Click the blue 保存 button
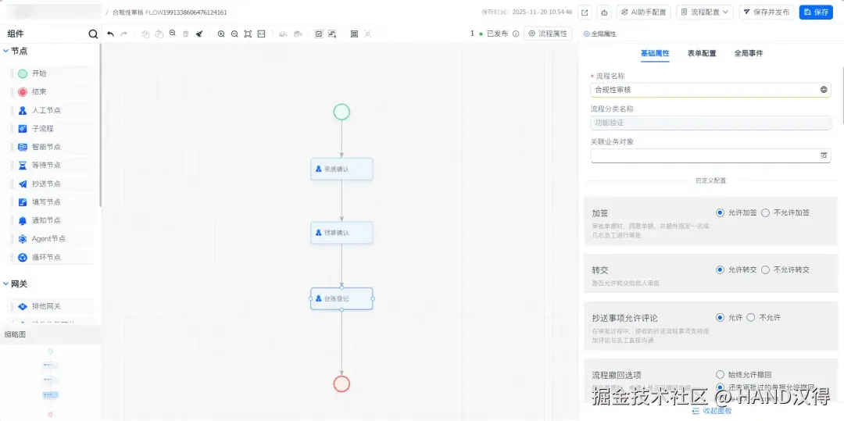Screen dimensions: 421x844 (x=816, y=12)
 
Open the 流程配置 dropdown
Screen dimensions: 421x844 (x=704, y=12)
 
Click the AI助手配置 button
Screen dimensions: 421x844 (x=644, y=12)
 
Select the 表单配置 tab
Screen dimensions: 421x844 (x=701, y=53)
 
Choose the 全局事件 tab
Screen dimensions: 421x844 (x=748, y=53)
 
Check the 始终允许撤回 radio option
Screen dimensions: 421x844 (x=721, y=375)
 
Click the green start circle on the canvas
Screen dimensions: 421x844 (x=342, y=112)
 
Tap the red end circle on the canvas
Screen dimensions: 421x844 (x=342, y=384)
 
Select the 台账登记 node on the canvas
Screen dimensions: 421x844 (x=342, y=298)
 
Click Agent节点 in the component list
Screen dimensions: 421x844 (x=48, y=238)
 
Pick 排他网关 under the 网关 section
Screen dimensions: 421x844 (x=45, y=306)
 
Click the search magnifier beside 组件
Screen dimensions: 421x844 (x=94, y=34)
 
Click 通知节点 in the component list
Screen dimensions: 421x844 (x=45, y=220)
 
